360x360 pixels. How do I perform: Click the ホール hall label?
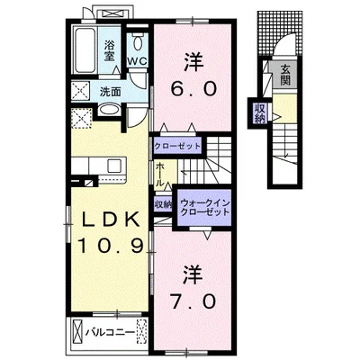point(159,174)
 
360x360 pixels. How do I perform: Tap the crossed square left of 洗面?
point(79,91)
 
